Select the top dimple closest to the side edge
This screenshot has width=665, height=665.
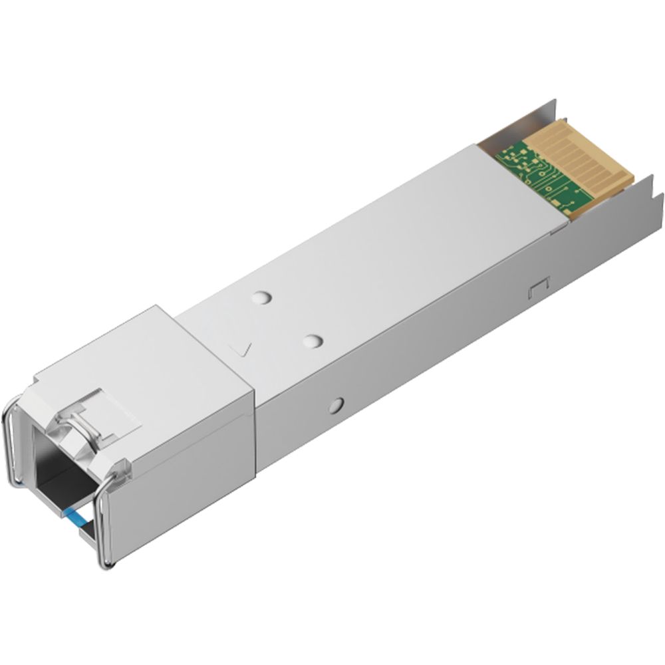pos(311,341)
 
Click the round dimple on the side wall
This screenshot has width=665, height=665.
pos(336,404)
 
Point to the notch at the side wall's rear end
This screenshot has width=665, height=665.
pos(655,199)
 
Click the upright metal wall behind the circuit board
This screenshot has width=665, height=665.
pos(525,120)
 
